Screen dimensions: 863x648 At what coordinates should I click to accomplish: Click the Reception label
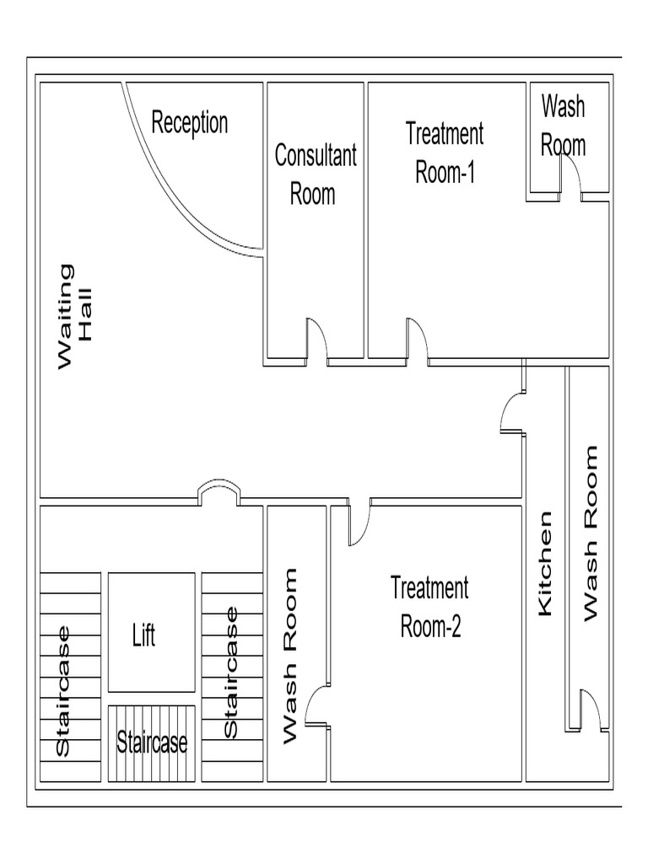(189, 122)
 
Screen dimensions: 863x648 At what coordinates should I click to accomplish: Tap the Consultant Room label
(315, 174)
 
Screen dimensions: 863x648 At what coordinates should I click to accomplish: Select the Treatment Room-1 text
(445, 153)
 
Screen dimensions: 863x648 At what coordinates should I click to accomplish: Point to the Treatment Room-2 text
(429, 607)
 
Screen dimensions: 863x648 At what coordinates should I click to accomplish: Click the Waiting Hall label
(77, 316)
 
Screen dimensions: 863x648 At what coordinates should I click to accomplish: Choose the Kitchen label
(546, 563)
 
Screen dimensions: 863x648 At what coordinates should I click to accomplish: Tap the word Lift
(144, 635)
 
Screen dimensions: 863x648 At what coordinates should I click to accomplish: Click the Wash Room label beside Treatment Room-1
(563, 126)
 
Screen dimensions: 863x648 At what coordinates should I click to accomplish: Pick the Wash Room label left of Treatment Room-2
(289, 656)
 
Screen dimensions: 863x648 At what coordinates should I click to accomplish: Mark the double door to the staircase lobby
(219, 493)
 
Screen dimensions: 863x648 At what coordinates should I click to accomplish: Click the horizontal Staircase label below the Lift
(152, 742)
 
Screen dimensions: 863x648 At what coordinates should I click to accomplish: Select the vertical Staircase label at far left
(62, 691)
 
